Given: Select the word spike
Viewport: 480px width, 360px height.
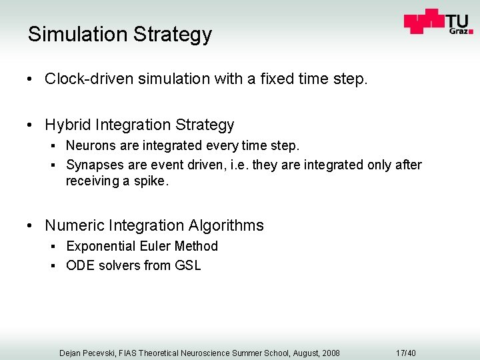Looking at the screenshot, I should (151, 181).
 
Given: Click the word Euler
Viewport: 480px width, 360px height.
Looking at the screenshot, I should (153, 246).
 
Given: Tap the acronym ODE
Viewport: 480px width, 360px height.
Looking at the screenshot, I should (81, 265).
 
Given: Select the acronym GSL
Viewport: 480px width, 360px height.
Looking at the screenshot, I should (187, 265).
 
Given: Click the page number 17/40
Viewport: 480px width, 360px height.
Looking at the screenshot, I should (405, 353).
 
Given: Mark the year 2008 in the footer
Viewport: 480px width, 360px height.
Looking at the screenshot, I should (329, 353).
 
